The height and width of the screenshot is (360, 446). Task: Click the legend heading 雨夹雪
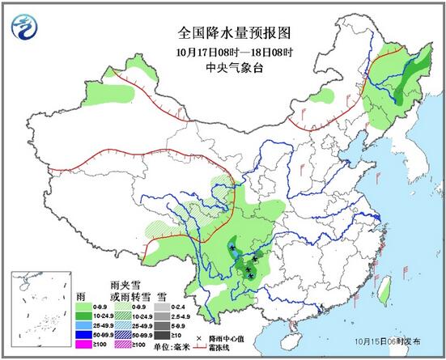pyautogui.click(x=122, y=286)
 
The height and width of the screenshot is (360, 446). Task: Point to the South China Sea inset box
pyautogui.click(x=40, y=315)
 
